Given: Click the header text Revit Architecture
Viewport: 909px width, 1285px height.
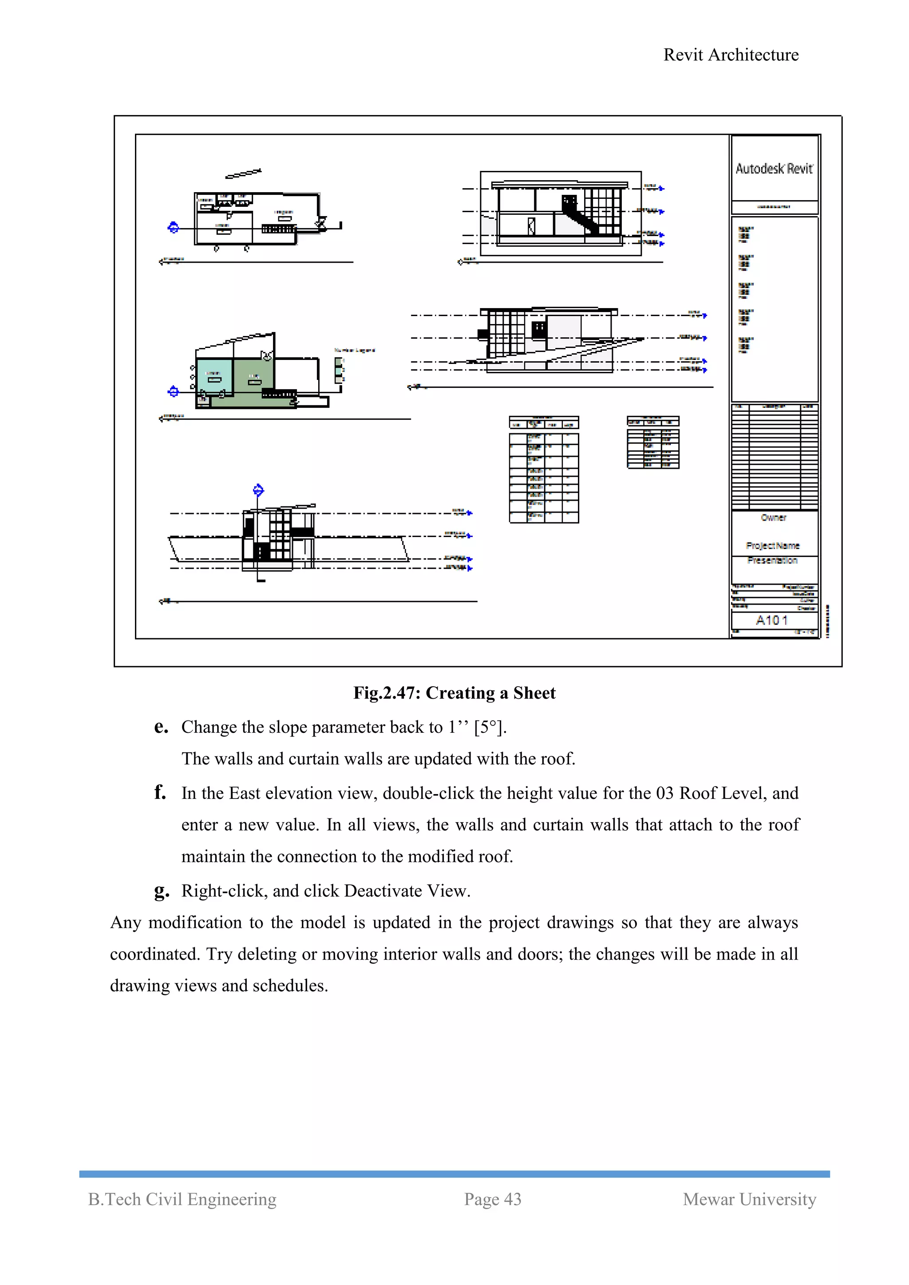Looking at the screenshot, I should point(731,55).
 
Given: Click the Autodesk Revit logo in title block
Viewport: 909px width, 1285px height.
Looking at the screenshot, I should point(774,169).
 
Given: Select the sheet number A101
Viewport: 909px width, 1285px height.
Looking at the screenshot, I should point(772,620).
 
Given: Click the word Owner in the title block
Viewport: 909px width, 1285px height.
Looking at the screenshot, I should point(774,518).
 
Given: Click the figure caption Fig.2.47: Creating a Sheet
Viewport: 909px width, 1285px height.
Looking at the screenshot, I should point(454,693).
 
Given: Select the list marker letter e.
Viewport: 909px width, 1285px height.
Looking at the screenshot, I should point(161,727).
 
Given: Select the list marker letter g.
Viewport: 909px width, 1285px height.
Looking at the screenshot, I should point(161,890).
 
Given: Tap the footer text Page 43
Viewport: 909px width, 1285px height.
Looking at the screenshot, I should point(493,1199).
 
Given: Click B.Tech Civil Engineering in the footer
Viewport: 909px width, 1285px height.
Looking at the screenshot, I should point(182,1199).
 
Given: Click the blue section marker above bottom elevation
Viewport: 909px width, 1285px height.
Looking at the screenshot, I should point(258,490).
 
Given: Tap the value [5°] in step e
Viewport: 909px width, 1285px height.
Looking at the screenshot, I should point(490,727).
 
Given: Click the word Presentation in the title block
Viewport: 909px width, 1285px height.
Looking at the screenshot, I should point(772,560).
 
